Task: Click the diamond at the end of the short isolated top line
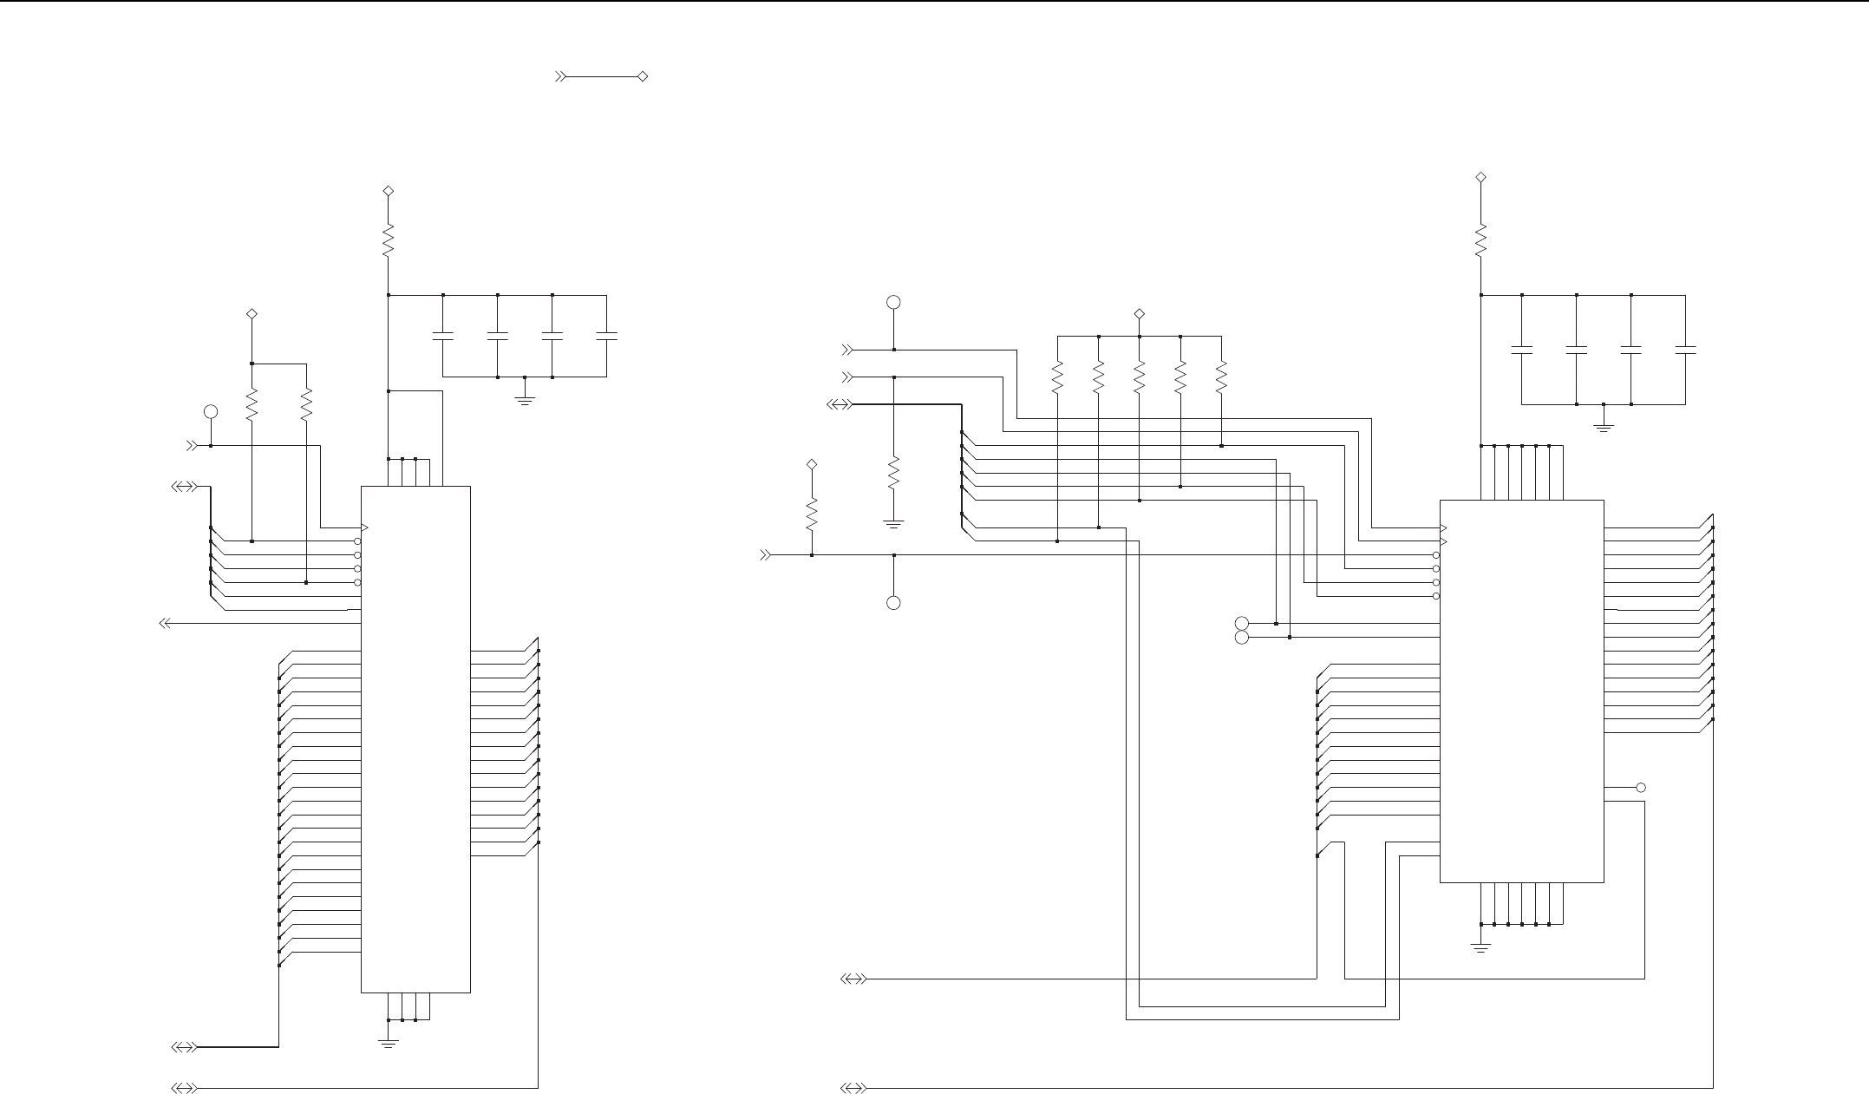coord(643,77)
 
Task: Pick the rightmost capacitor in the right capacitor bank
coord(1685,350)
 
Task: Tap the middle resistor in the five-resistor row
coord(1140,377)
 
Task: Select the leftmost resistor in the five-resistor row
coord(1057,377)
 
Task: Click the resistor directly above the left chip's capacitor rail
coord(389,239)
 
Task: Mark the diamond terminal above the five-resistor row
coord(1140,313)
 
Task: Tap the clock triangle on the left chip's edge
coord(365,527)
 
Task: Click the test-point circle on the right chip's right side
coord(1640,788)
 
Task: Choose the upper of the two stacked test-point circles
coord(1241,623)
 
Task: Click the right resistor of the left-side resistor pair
coord(306,404)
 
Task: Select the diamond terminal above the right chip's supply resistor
coord(1480,178)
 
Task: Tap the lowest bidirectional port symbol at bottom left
coord(184,1087)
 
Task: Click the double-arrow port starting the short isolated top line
coord(560,77)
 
